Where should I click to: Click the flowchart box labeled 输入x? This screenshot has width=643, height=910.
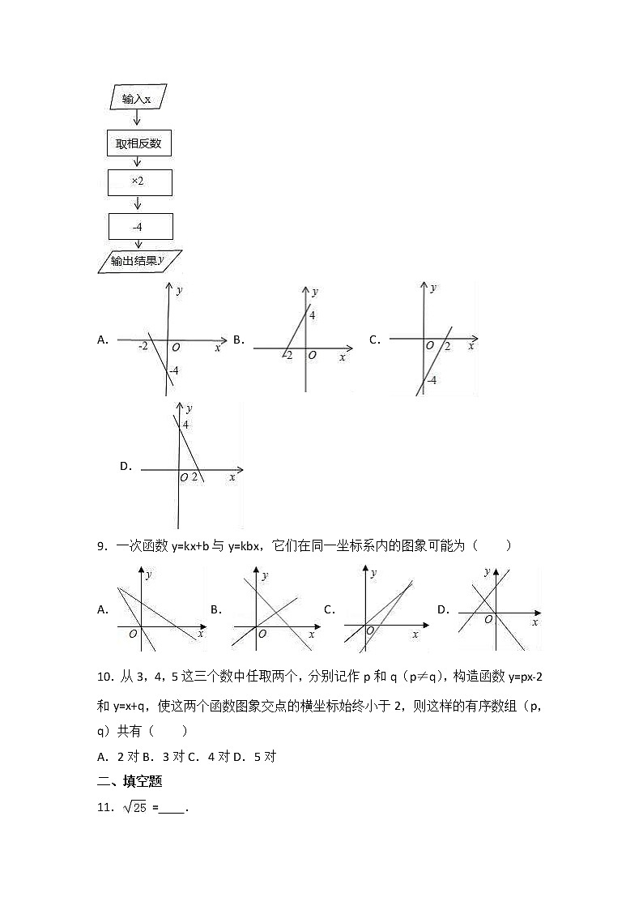click(137, 99)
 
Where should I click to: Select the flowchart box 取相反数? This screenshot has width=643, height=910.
click(139, 144)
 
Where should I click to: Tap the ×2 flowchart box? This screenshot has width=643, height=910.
click(139, 182)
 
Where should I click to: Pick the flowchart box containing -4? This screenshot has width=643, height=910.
click(139, 226)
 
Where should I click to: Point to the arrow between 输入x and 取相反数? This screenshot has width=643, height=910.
click(137, 120)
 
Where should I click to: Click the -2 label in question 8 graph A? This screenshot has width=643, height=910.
click(143, 347)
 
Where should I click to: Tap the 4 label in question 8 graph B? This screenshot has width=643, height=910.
click(313, 315)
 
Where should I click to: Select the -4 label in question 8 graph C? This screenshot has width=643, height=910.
click(432, 381)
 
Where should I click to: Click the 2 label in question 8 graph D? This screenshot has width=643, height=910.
click(194, 476)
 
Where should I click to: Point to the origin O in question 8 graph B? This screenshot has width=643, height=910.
click(313, 355)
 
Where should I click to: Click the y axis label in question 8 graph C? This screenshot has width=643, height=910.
click(433, 288)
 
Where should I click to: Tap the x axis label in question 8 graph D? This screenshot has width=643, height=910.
click(232, 477)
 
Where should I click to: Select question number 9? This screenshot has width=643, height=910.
click(101, 545)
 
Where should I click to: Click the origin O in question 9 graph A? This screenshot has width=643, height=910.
click(133, 634)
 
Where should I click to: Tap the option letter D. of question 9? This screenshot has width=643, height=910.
click(443, 609)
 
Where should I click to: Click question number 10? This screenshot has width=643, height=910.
click(104, 676)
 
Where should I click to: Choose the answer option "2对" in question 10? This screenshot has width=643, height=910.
click(126, 757)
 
